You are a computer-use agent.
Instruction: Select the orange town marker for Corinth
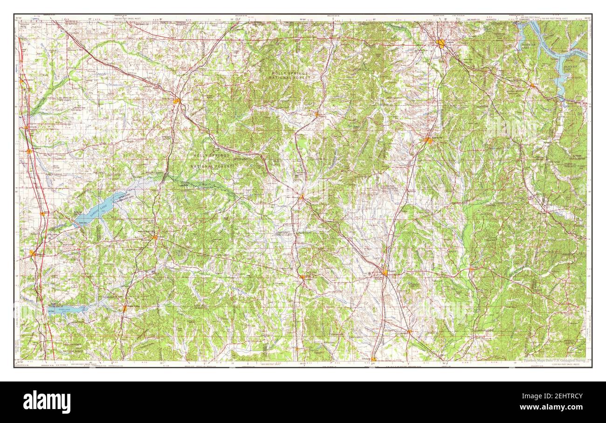click(x=441, y=44)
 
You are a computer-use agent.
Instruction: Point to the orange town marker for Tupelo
click(x=385, y=273)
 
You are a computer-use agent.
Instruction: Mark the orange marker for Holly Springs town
click(x=177, y=100)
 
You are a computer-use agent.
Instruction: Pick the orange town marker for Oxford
click(x=154, y=237)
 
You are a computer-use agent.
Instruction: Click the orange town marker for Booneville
click(x=428, y=140)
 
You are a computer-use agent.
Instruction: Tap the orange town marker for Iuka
click(x=532, y=85)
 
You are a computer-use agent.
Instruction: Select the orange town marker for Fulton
click(x=472, y=269)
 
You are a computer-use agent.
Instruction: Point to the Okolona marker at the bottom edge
click(x=373, y=359)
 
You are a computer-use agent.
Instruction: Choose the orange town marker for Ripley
click(x=317, y=114)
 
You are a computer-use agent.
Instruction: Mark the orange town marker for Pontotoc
click(x=302, y=277)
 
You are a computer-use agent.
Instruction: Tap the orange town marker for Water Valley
click(x=124, y=308)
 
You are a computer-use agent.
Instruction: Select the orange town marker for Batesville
click(x=32, y=253)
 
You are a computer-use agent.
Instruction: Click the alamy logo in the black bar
click(x=47, y=402)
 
